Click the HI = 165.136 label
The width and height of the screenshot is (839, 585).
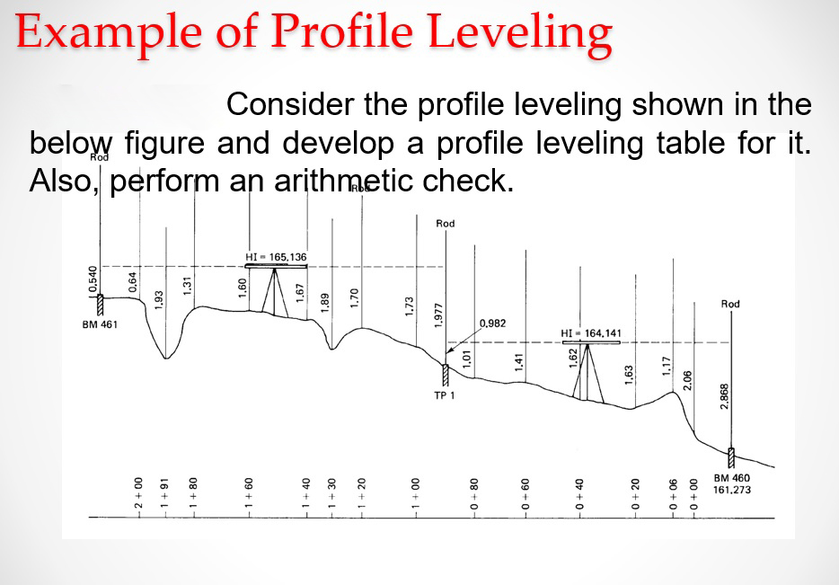click(276, 257)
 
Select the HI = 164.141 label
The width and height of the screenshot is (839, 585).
click(585, 332)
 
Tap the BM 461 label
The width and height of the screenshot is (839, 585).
click(99, 324)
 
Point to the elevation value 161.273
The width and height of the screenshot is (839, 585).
click(732, 490)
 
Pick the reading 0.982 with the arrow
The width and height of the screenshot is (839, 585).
click(494, 322)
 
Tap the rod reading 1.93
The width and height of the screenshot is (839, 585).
click(159, 299)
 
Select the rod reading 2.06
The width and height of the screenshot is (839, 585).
click(689, 380)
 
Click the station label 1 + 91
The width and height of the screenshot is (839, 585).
click(165, 494)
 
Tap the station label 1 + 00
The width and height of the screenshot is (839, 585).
click(416, 494)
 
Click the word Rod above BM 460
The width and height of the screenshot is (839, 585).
click(730, 304)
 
